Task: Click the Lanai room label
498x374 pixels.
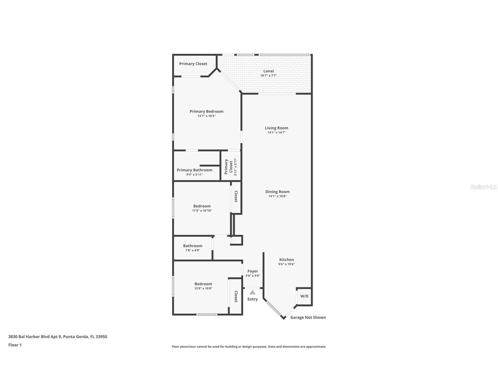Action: coord(268,71)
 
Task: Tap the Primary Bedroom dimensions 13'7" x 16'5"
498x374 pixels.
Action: coord(207,116)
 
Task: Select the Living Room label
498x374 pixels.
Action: coord(276,128)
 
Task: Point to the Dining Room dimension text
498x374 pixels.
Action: coord(277,196)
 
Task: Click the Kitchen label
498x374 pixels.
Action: coord(286,260)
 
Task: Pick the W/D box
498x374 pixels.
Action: coord(304,296)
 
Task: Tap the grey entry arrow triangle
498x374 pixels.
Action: coord(252,292)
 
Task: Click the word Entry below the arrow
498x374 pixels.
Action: coord(252,299)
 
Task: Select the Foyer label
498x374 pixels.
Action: coord(253,271)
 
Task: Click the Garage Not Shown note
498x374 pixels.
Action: coord(308,317)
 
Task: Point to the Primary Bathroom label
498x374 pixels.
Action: coord(194,170)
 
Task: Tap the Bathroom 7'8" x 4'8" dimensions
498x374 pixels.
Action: coord(193,250)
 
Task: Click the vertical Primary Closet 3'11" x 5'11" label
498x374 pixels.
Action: coord(231,167)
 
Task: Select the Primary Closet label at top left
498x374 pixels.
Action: coord(193,64)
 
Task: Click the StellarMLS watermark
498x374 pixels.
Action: coord(483,187)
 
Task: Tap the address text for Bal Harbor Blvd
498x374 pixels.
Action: coord(58,337)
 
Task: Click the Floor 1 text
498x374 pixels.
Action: coord(15,345)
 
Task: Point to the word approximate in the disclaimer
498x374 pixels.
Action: coord(316,347)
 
